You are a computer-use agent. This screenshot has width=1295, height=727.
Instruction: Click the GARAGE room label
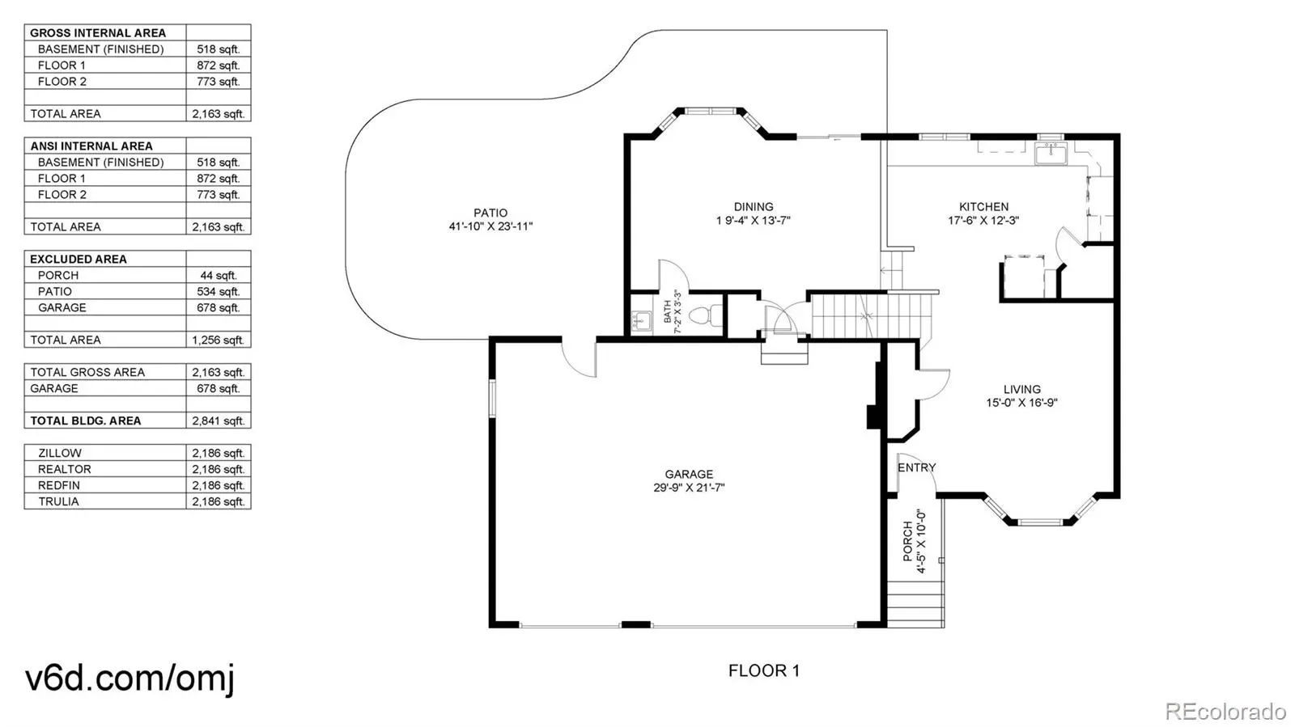pos(689,474)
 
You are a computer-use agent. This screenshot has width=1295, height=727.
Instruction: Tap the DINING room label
pos(753,207)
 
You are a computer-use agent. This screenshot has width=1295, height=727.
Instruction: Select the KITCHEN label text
pos(983,207)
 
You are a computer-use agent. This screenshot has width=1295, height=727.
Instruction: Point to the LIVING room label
pos(1021,389)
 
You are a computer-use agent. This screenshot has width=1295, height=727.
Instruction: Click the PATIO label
pos(490,213)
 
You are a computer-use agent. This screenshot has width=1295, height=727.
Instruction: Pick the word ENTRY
pos(916,467)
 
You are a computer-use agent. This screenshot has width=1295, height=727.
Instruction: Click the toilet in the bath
pos(711,315)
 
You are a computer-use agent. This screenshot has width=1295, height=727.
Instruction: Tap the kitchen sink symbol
pos(1051,152)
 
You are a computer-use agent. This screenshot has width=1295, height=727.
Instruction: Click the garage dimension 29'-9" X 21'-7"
pos(689,488)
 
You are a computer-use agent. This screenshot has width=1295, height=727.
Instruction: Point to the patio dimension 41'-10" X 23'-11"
pos(490,226)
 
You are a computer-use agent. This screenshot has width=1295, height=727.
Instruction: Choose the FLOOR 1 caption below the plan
pos(763,670)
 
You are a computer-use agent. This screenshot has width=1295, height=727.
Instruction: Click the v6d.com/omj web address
pos(129,677)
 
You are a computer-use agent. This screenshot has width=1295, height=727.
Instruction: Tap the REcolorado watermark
pos(1225,712)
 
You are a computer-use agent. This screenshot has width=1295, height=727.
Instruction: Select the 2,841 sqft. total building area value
pos(218,421)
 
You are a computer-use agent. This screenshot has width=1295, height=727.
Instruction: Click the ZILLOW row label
pos(60,453)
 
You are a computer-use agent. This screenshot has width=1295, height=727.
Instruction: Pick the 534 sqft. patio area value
pos(218,291)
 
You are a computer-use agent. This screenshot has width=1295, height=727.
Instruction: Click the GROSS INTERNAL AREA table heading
pos(97,33)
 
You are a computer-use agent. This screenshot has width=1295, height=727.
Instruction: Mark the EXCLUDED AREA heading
pos(78,259)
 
